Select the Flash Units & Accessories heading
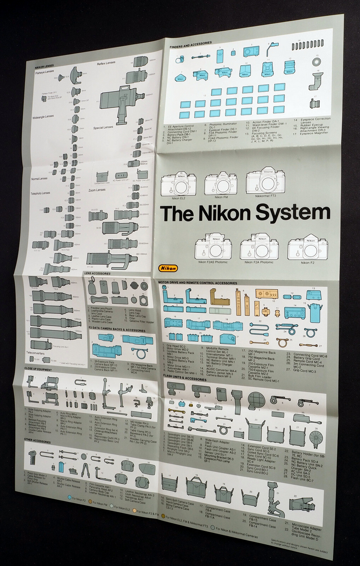[184, 379]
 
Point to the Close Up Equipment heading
[38, 370]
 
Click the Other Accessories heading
[37, 442]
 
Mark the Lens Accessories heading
[97, 273]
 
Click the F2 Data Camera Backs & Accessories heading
[117, 330]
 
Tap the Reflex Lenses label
[106, 63]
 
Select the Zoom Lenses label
[97, 190]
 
